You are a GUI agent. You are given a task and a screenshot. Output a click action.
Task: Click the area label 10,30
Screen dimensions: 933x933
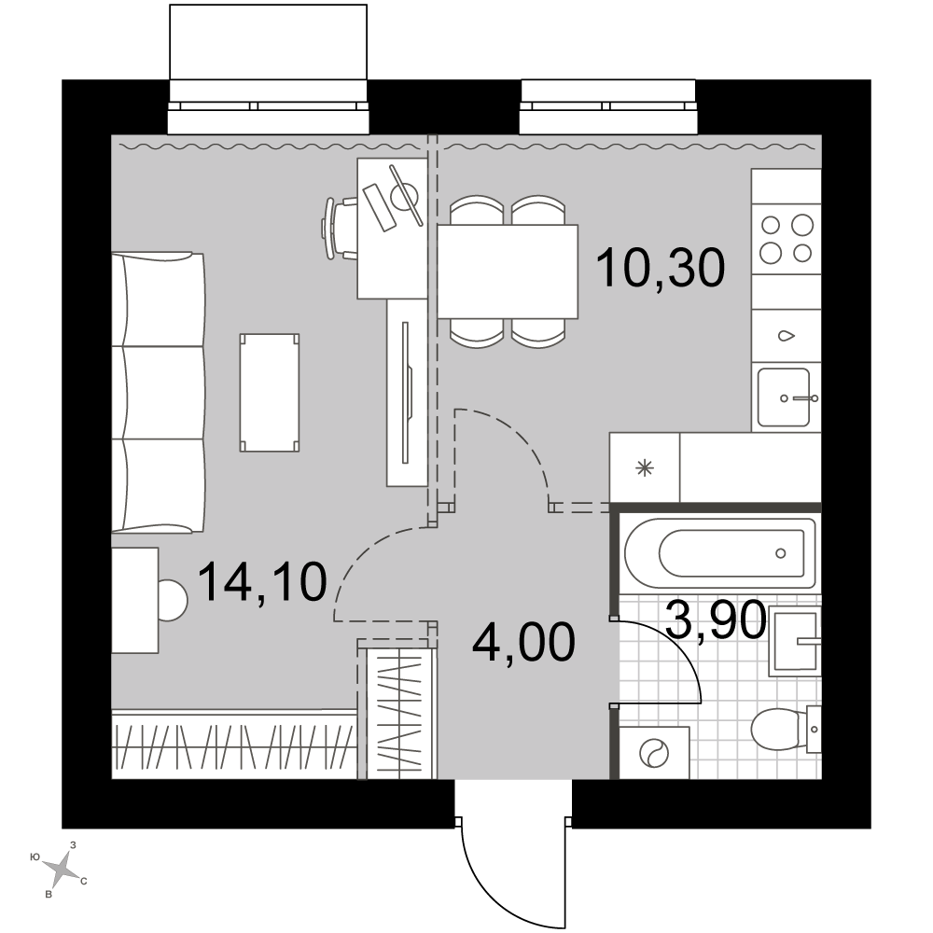tap(660, 269)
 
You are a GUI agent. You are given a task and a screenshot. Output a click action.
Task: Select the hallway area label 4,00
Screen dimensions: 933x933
tap(523, 642)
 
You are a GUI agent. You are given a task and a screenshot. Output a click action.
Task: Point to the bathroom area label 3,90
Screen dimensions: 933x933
tap(716, 620)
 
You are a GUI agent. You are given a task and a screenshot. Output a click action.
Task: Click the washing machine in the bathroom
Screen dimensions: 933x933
tap(655, 753)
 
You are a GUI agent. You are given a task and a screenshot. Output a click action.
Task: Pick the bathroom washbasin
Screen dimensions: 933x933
tap(795, 641)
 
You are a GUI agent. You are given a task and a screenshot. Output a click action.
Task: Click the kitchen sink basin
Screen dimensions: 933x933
tap(784, 397)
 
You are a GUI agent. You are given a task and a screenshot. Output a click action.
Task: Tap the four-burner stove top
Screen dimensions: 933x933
tap(787, 239)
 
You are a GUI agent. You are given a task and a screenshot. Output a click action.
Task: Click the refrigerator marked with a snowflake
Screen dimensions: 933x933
tap(645, 468)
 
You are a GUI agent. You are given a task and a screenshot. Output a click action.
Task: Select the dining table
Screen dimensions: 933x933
tap(508, 272)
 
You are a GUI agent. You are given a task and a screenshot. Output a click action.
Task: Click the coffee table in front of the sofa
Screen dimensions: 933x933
tap(270, 393)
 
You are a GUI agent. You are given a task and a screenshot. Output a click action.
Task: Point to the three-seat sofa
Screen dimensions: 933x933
tap(159, 393)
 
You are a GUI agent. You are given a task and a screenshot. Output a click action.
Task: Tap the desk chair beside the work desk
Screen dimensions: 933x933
tap(340, 229)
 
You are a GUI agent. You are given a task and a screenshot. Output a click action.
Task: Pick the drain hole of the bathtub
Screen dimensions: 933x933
tap(781, 553)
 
